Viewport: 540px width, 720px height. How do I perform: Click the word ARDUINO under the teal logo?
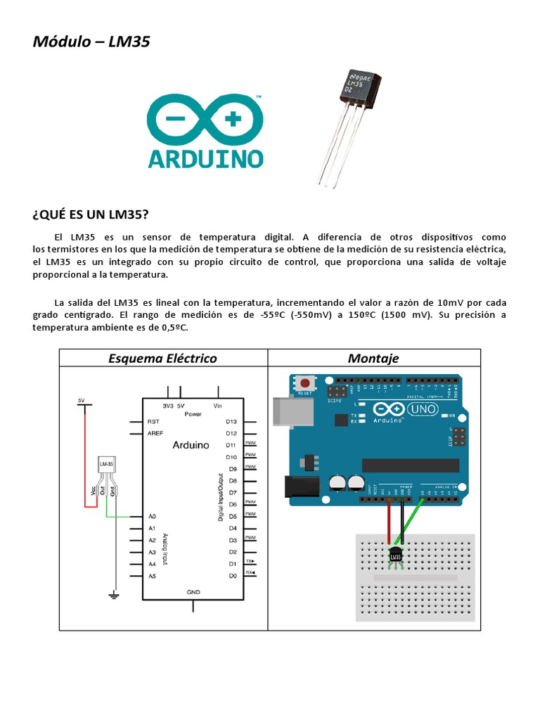(205, 157)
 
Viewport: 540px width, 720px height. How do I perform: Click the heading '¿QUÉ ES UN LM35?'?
(91, 214)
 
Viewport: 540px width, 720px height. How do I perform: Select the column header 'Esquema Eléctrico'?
(162, 359)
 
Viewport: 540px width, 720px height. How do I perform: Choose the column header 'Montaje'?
(373, 359)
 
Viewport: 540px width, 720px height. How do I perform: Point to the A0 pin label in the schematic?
(152, 516)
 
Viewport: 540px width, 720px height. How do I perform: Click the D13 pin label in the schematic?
(231, 421)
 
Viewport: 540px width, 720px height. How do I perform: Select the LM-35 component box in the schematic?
(107, 465)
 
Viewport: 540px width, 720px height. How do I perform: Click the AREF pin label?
(155, 433)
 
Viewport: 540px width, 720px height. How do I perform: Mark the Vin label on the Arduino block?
(217, 406)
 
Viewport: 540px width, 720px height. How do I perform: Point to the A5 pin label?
(152, 576)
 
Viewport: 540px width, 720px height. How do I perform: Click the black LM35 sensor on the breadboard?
(395, 557)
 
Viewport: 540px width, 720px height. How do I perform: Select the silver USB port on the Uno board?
(285, 411)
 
